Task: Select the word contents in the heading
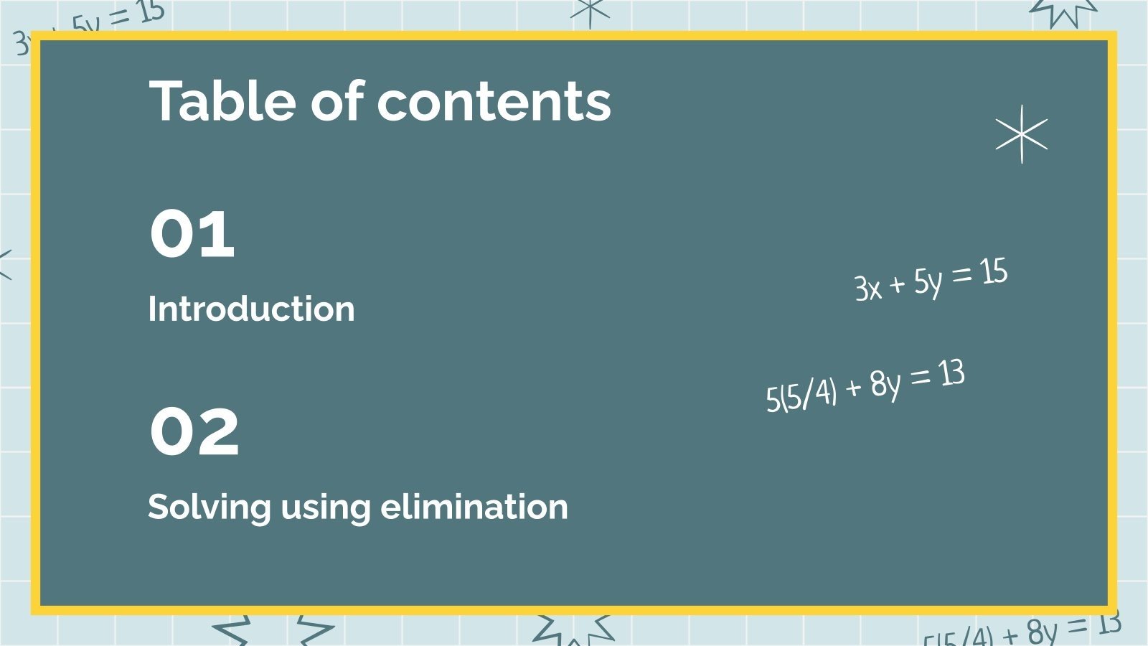(494, 102)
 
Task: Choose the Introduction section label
(251, 309)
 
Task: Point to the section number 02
(194, 431)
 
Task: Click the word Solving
(209, 508)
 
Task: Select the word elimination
(474, 507)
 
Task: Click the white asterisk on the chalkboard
(1022, 134)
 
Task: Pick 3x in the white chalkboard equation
(867, 288)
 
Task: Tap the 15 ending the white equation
(994, 272)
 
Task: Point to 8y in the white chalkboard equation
(885, 384)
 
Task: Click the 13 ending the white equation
(951, 374)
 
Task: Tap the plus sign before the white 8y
(853, 388)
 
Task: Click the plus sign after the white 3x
(897, 285)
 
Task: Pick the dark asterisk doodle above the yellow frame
(590, 11)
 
